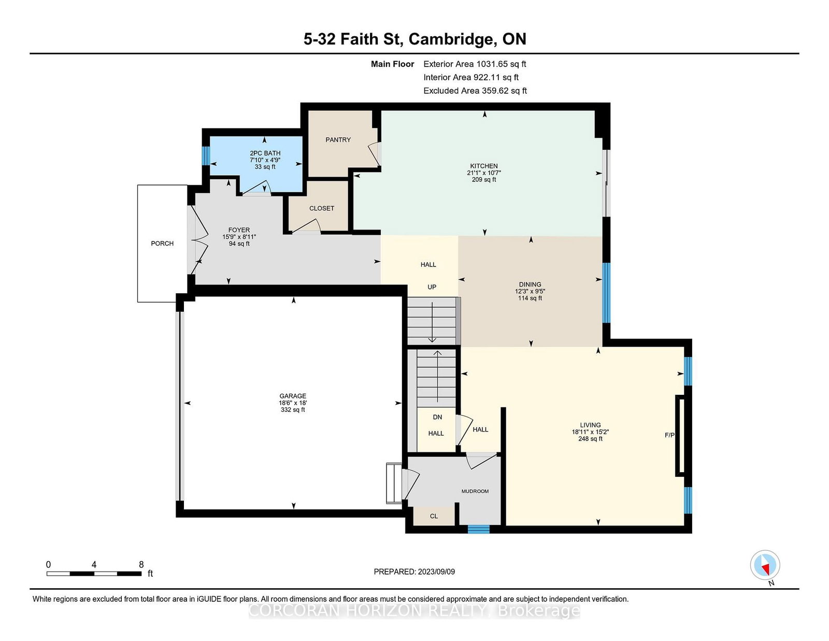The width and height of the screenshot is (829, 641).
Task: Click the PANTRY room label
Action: click(x=338, y=139)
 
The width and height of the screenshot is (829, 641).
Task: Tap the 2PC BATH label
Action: click(x=265, y=153)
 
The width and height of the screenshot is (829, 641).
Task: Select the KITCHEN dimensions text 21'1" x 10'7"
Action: click(x=484, y=173)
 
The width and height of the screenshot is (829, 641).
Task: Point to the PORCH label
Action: click(x=162, y=244)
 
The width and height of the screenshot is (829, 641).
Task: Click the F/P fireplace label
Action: click(x=669, y=435)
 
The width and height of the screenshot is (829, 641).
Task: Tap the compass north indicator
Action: click(x=765, y=565)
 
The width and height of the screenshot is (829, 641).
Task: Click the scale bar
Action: click(x=94, y=574)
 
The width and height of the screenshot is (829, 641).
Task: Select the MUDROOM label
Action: click(x=475, y=491)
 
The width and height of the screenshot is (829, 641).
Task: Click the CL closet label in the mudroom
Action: click(x=434, y=516)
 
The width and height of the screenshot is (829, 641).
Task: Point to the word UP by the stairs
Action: click(x=432, y=287)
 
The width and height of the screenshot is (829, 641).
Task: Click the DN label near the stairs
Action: click(x=437, y=417)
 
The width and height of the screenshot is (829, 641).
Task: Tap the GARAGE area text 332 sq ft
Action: click(x=293, y=410)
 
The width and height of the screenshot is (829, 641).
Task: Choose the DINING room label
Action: click(x=530, y=284)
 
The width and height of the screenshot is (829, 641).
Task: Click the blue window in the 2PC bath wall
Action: click(x=206, y=155)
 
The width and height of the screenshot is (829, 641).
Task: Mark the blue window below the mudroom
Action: click(x=478, y=529)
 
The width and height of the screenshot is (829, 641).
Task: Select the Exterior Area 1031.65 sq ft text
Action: click(x=475, y=64)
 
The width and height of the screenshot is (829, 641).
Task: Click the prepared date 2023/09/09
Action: click(x=436, y=572)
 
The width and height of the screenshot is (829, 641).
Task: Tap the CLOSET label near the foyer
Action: click(x=322, y=208)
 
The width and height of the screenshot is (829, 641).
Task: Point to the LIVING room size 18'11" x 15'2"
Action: click(x=590, y=432)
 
